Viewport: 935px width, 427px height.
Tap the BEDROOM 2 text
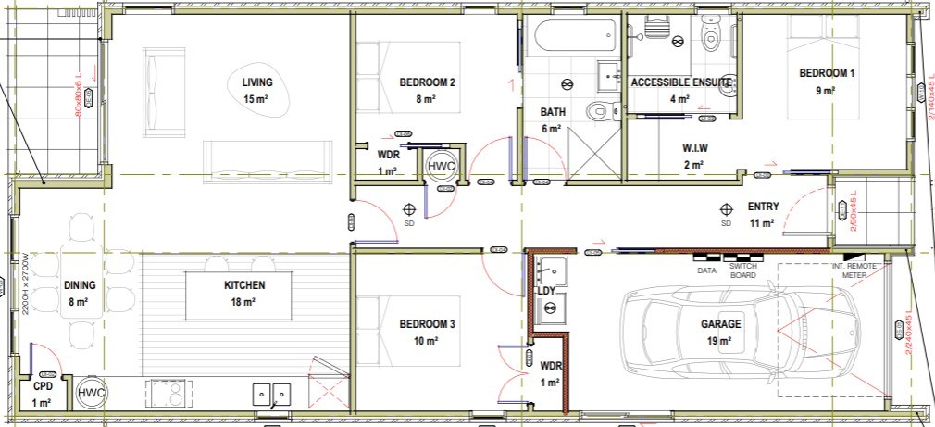point(427,82)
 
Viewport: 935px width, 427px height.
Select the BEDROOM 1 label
point(827,73)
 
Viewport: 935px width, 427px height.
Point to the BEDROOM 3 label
point(427,324)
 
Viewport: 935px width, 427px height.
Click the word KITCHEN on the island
point(243,285)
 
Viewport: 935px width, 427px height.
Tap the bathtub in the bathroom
point(574,39)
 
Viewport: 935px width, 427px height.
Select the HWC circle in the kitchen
point(93,393)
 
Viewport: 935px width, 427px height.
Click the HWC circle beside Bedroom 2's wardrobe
point(443,166)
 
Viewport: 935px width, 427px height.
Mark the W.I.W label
point(695,148)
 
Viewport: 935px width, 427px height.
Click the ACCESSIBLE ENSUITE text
point(680,82)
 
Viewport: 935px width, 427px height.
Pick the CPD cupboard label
point(43,385)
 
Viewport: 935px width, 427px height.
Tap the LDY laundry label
point(546,292)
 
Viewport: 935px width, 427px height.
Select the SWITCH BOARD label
point(743,270)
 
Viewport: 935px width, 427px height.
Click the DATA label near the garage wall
point(707,270)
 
